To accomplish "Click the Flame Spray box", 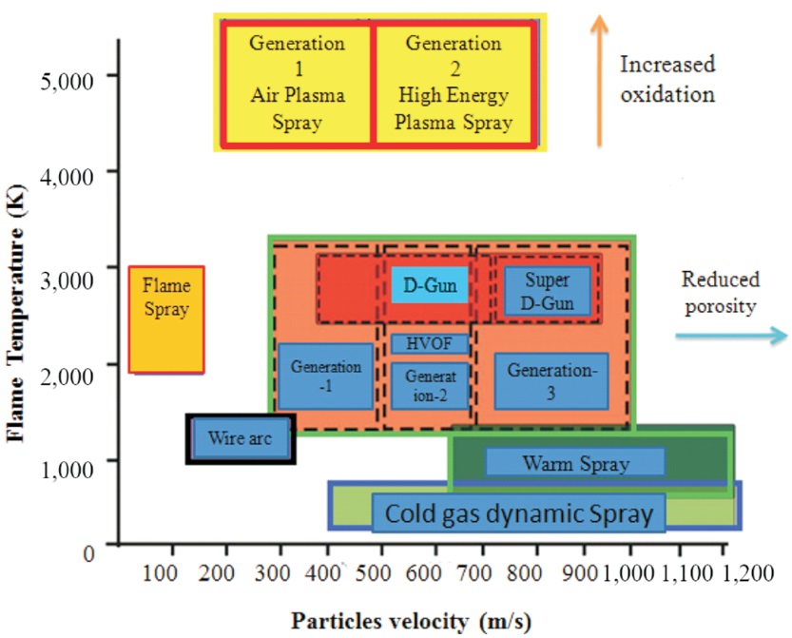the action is tap(166, 319).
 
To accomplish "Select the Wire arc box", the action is tap(241, 438).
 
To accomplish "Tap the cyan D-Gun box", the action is tap(430, 285).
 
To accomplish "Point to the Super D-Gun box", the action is tap(548, 292).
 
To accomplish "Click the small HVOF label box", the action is tap(430, 344).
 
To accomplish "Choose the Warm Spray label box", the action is tap(575, 463).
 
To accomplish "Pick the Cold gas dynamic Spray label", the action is tap(519, 513).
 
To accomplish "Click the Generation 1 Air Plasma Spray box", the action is tap(298, 84).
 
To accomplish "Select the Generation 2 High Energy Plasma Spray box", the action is tap(454, 84).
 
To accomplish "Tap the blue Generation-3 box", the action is tap(551, 381).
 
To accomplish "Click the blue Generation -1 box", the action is tap(326, 377).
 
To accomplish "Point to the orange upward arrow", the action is tap(600, 80).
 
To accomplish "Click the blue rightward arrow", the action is tap(731, 336).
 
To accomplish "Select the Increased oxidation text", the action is tap(667, 79).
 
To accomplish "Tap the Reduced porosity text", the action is tap(721, 293).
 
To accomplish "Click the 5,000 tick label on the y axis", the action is tap(68, 81).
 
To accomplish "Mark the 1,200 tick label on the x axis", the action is tap(748, 573).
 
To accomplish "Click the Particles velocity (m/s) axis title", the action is tap(411, 621).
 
